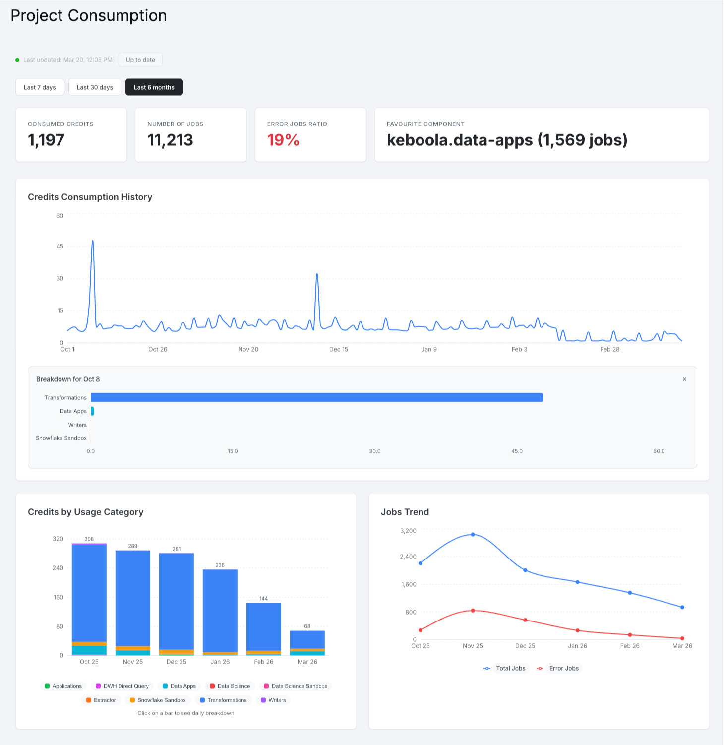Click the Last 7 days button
click(40, 87)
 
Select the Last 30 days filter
click(95, 87)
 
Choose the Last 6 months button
click(154, 87)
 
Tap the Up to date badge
click(140, 60)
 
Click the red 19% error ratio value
click(283, 140)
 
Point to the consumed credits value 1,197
click(46, 140)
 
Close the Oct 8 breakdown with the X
click(684, 379)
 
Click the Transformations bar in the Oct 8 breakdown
click(316, 397)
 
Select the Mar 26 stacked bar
click(307, 643)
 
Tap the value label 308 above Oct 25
click(89, 539)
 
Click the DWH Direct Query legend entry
click(122, 686)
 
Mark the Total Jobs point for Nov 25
click(473, 534)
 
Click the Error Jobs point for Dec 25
click(525, 620)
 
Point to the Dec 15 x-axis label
click(339, 349)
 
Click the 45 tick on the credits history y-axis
click(60, 246)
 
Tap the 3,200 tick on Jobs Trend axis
click(408, 531)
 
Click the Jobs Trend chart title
click(405, 512)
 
